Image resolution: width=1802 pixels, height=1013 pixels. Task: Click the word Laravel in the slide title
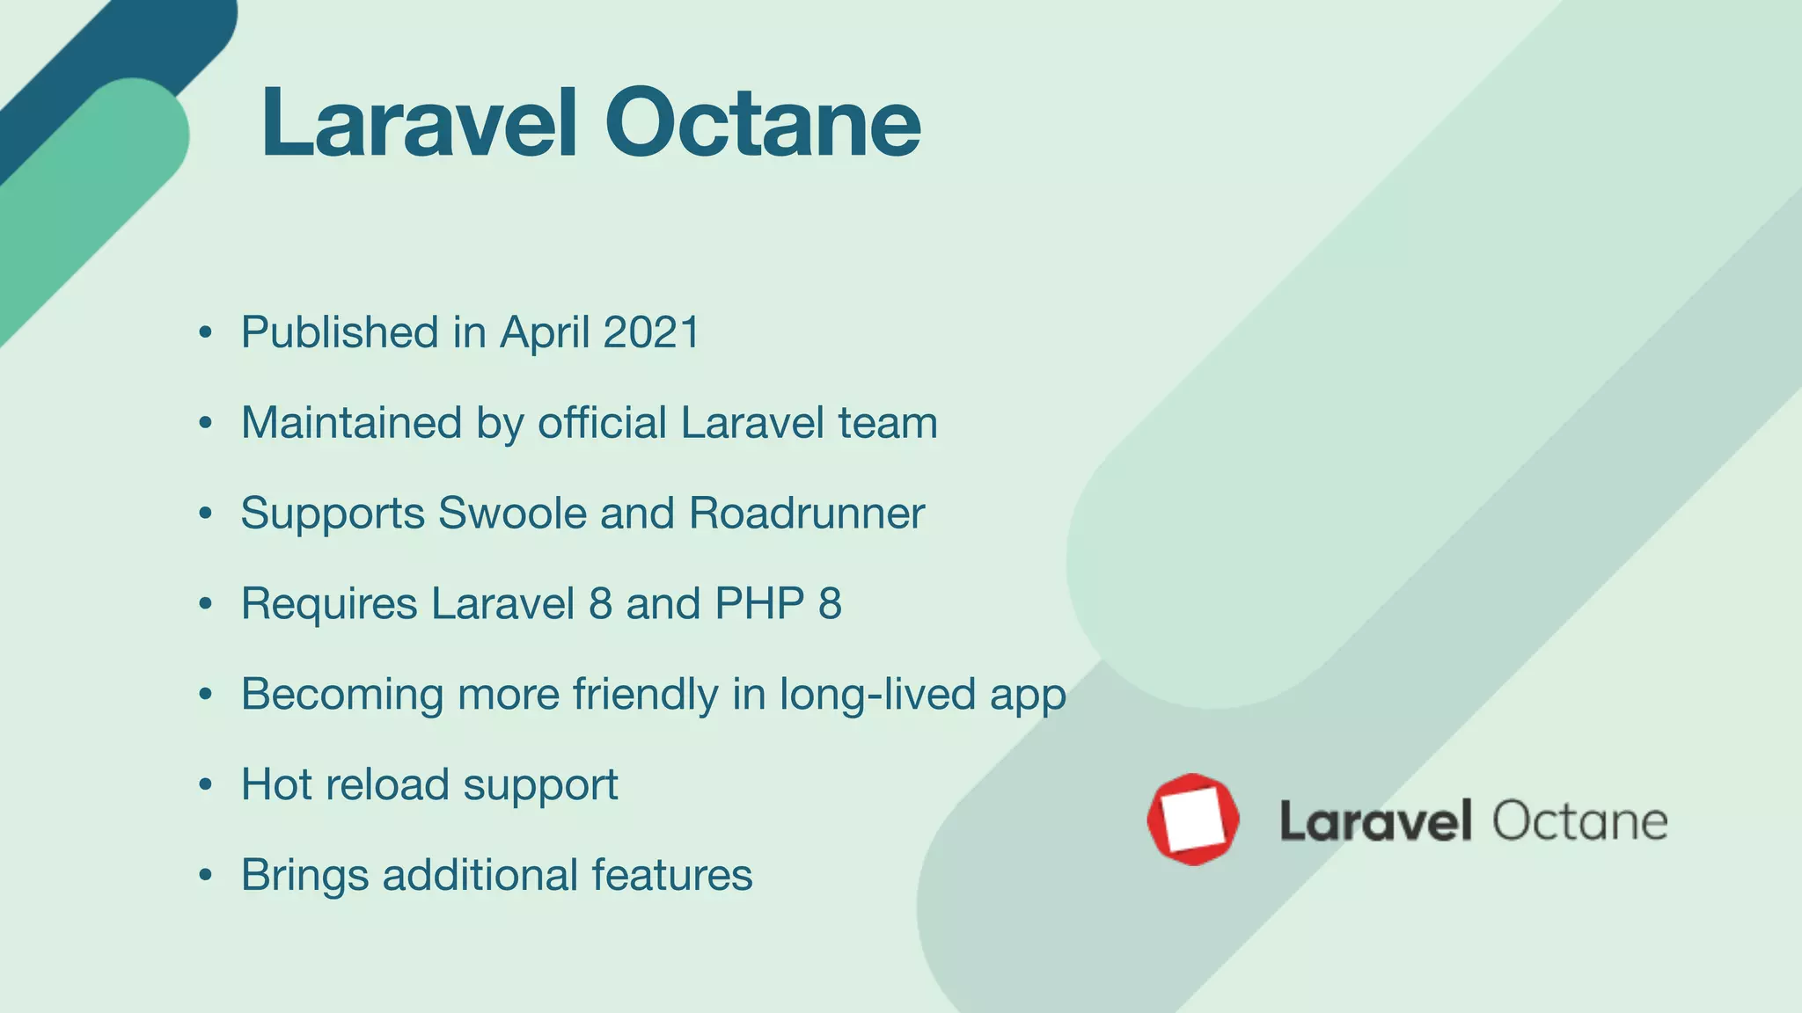pyautogui.click(x=419, y=124)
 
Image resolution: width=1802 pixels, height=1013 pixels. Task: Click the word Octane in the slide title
pyautogui.click(x=762, y=124)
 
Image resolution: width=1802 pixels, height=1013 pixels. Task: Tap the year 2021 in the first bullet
pyautogui.click(x=651, y=332)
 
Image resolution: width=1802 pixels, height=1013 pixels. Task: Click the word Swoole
pyautogui.click(x=512, y=513)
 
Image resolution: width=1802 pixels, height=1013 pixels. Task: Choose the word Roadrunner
pyautogui.click(x=806, y=513)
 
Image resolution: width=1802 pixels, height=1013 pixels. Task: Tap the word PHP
pyautogui.click(x=759, y=603)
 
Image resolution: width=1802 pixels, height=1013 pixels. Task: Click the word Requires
pyautogui.click(x=329, y=605)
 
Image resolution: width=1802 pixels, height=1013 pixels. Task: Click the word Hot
pyautogui.click(x=276, y=784)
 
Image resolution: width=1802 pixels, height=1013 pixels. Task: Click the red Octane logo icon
pyautogui.click(x=1193, y=820)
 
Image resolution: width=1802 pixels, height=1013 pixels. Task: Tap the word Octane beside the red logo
pyautogui.click(x=1579, y=821)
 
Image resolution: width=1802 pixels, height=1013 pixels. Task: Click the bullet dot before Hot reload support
pyautogui.click(x=206, y=784)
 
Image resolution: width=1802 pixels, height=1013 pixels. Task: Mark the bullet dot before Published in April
pyautogui.click(x=206, y=332)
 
